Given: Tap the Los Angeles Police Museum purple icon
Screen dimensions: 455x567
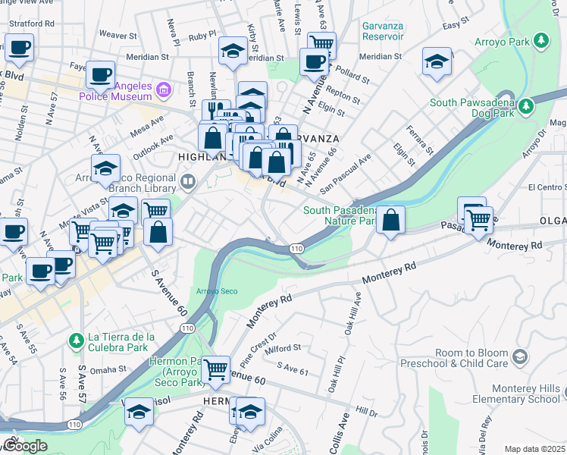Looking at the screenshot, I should click(x=162, y=92).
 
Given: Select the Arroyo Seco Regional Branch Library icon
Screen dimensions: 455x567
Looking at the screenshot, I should click(x=188, y=181).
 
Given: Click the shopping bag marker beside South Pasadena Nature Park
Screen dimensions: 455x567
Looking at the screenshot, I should click(x=390, y=220).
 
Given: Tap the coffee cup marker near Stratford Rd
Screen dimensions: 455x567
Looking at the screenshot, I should click(x=20, y=48).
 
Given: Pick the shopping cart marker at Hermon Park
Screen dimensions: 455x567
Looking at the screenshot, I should click(x=216, y=370).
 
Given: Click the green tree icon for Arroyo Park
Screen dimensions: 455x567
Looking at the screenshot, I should click(x=541, y=39).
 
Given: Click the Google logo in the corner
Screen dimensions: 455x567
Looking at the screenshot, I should click(x=24, y=445).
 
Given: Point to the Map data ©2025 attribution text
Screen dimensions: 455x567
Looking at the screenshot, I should click(x=534, y=449).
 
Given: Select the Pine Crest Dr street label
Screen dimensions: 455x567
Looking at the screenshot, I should click(x=255, y=353).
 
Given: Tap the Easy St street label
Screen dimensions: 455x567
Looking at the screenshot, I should click(x=452, y=26).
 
